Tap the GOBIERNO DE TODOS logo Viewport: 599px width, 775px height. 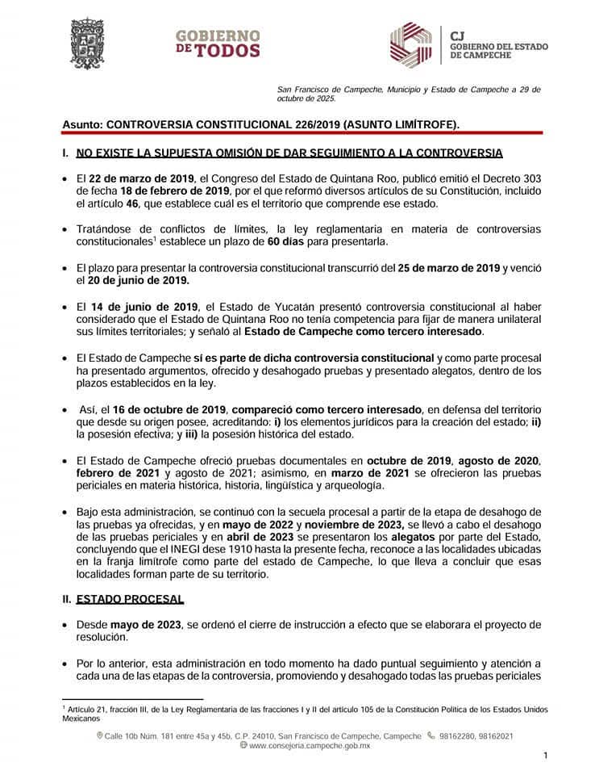[x=218, y=44]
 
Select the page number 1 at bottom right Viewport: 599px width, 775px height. [x=546, y=756]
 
